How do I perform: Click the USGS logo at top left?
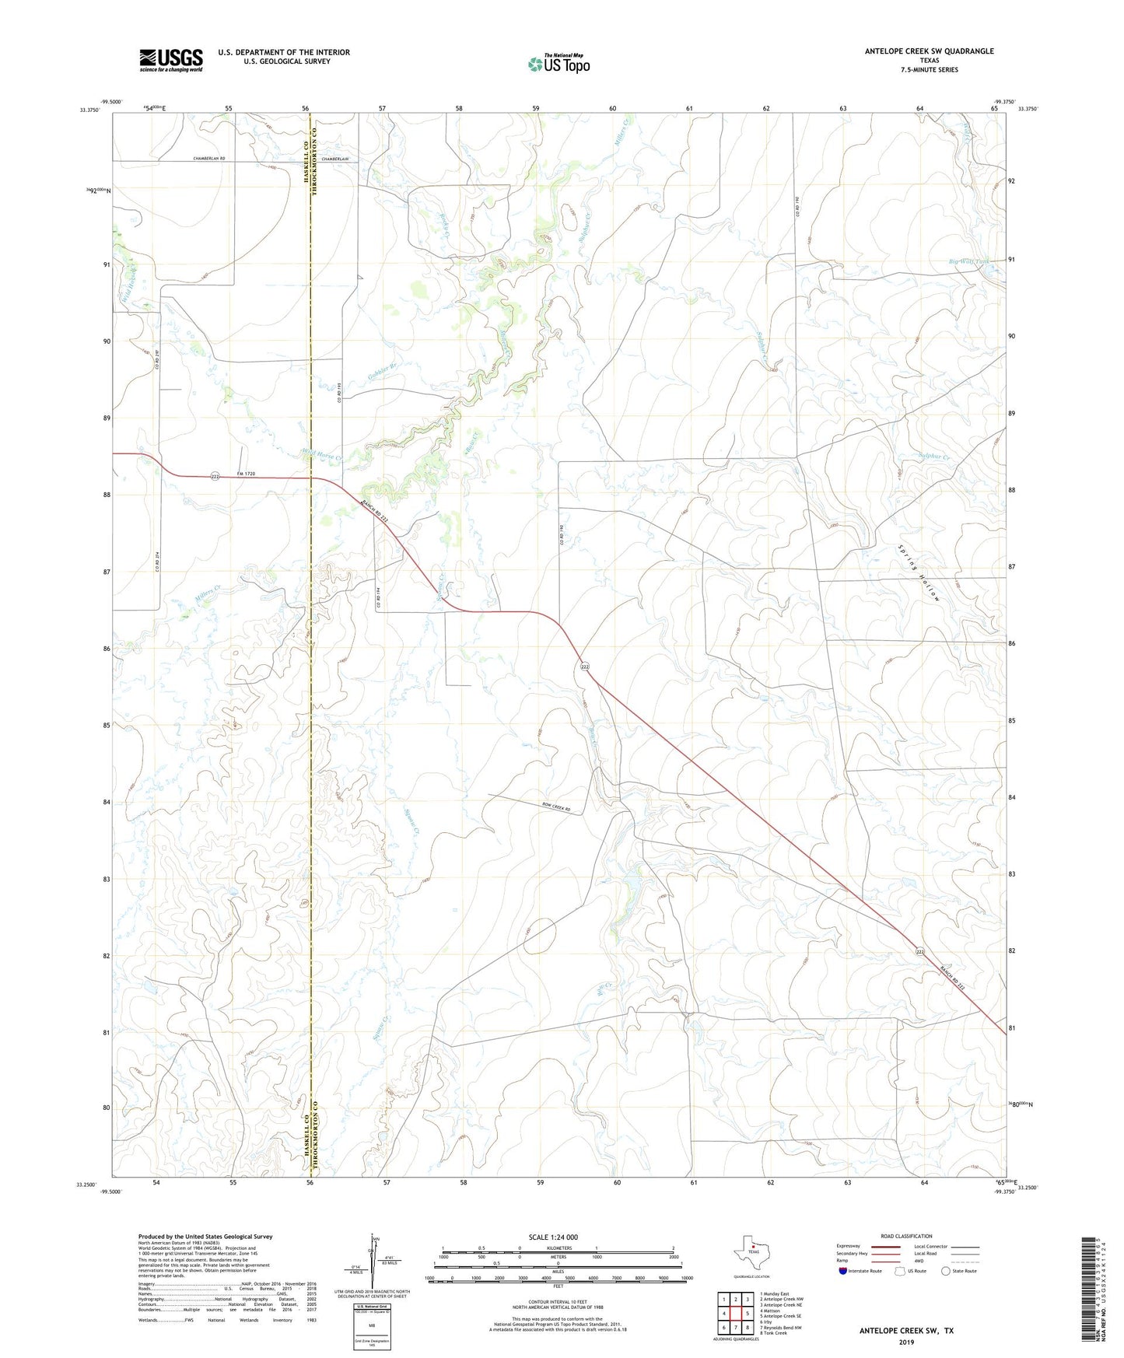(x=171, y=60)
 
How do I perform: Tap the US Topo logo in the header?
(x=559, y=64)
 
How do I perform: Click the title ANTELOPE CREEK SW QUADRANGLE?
(x=929, y=51)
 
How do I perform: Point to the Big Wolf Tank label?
(x=969, y=261)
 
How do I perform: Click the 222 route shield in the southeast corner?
(x=920, y=952)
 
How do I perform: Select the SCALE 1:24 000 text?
(x=552, y=1237)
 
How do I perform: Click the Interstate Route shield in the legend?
(x=844, y=1271)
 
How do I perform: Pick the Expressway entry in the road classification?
(x=849, y=1246)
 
